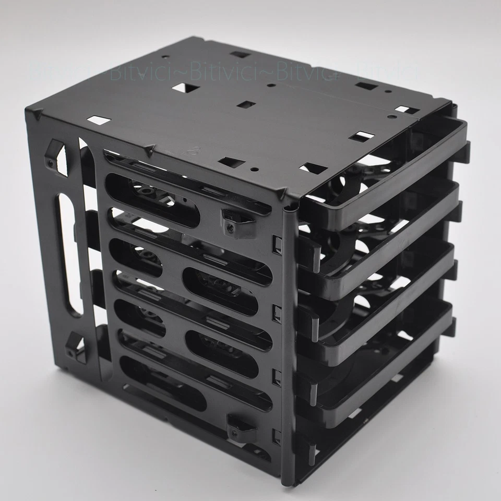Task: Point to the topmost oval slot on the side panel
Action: pyautogui.click(x=152, y=200)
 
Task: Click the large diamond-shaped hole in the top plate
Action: pyautogui.click(x=186, y=88)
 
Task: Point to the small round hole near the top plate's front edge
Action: pyautogui.click(x=254, y=169)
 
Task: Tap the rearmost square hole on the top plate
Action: pyautogui.click(x=240, y=54)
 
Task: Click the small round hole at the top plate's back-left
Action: pyautogui.click(x=165, y=57)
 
